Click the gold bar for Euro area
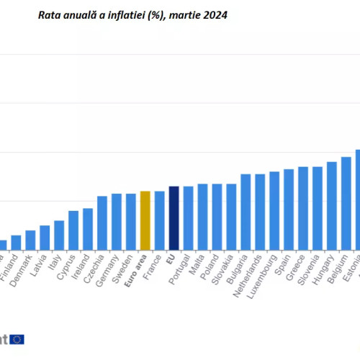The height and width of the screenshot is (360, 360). coord(145,220)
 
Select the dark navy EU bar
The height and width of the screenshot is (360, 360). coord(174,217)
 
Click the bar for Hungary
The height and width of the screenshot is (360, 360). coord(332,205)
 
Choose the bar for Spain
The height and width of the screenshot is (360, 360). coord(289,210)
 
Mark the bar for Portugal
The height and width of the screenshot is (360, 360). coord(188,217)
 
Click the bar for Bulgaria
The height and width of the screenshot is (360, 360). coord(246,212)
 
